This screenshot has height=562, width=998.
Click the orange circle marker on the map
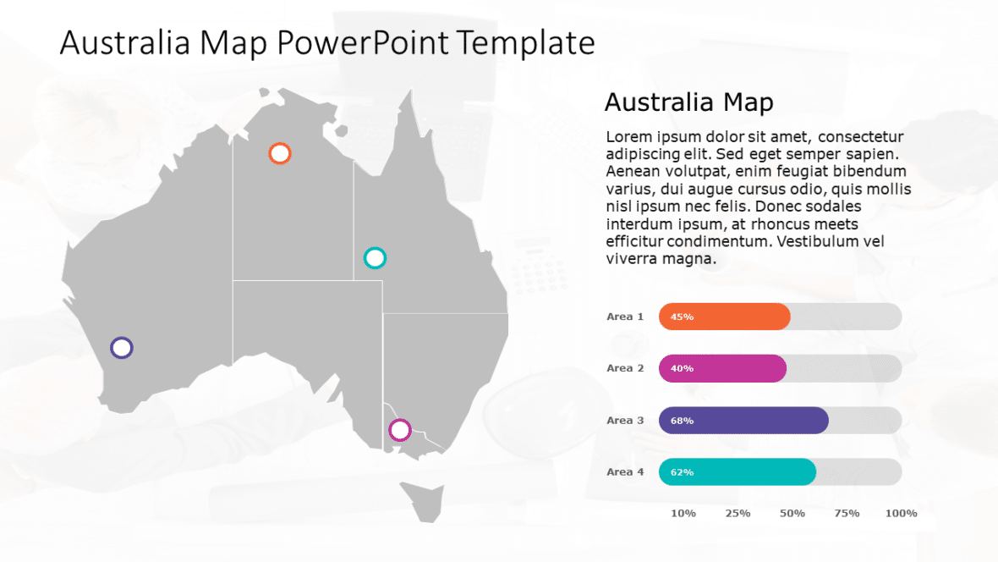coord(280,153)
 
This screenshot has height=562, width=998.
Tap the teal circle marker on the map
coord(375,258)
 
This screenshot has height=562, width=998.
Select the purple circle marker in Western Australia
coord(122,348)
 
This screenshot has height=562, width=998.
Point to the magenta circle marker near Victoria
coord(400,430)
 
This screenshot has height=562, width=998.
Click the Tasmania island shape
coord(424,500)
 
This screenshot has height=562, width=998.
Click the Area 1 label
coord(625,317)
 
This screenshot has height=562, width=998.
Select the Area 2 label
coord(625,368)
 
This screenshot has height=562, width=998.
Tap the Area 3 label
coord(625,421)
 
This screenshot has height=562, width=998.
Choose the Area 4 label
coord(625,472)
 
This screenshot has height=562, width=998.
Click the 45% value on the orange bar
coord(682,317)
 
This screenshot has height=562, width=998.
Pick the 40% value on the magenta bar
coord(682,368)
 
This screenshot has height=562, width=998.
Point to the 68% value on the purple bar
coord(682,421)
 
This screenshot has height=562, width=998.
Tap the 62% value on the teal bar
coord(682,472)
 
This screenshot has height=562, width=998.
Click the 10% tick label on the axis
coord(683,514)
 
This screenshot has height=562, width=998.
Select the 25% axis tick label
coord(738,514)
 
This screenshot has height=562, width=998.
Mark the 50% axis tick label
coord(792,514)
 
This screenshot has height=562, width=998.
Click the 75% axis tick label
coord(847,514)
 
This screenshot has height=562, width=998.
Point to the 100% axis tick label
coord(901,514)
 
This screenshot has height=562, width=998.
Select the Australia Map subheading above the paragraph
coord(688,103)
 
